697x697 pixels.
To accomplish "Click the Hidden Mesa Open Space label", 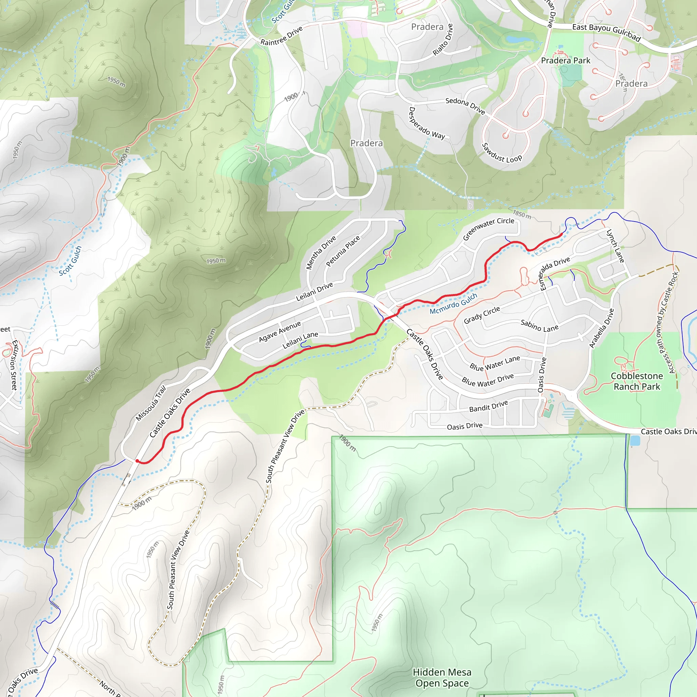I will pos(442,678).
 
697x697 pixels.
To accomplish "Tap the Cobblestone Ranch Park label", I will pos(637,381).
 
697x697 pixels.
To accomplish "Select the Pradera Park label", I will pos(565,61).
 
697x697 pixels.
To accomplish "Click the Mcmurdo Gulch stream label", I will pos(453,304).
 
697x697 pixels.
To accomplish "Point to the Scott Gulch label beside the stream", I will pos(70,260).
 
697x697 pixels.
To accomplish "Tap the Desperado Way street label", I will pos(427,124).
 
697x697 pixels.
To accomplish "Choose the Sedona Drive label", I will pos(465,106).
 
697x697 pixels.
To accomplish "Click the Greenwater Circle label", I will pos(488,228).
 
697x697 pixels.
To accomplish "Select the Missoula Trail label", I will pos(151,403).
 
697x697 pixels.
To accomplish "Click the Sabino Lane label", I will pos(539,326).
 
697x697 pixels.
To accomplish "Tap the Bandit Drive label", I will pos(488,406).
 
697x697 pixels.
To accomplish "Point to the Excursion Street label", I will pos(14,365).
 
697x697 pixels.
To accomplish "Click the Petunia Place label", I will pos(343,251).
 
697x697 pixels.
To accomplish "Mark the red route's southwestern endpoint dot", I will pos(137,461).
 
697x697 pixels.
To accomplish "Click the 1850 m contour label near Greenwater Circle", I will pos(522,214).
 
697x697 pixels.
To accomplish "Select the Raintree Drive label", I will pos(281,36).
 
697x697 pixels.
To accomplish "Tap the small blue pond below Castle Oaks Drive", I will pos(635,440).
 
